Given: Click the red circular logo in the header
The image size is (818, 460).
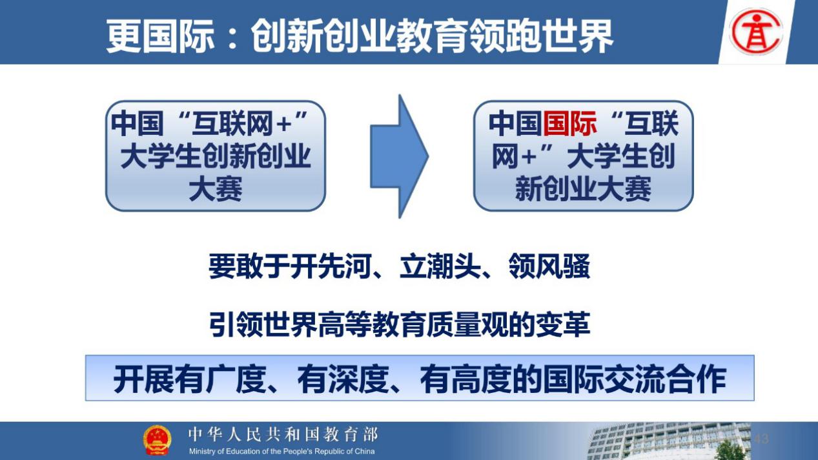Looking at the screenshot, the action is pos(755,32).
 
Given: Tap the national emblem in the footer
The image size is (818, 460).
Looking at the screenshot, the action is pos(157,440).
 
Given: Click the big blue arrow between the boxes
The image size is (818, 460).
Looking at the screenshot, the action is pos(399,156).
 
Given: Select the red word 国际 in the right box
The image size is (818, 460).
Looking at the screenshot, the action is pos(569,123).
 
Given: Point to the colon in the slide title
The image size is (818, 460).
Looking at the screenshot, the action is pos(232,37).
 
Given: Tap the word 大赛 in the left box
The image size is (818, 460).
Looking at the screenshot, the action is pos(216,189).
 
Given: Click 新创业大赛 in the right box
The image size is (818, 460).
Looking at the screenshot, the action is pos(583,189).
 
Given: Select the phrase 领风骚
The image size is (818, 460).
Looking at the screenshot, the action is pos(549,266).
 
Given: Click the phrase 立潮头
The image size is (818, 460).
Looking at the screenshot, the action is pos(441,266).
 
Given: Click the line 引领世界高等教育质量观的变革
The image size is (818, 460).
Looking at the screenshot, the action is pos(400,324).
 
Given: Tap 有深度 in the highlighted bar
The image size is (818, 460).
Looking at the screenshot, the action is pos(343,379).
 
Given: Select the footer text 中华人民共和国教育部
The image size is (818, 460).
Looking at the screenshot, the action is pos(283,434).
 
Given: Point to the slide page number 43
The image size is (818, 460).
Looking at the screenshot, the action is pos(761,438).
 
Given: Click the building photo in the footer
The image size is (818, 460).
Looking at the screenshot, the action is pos(668,441).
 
